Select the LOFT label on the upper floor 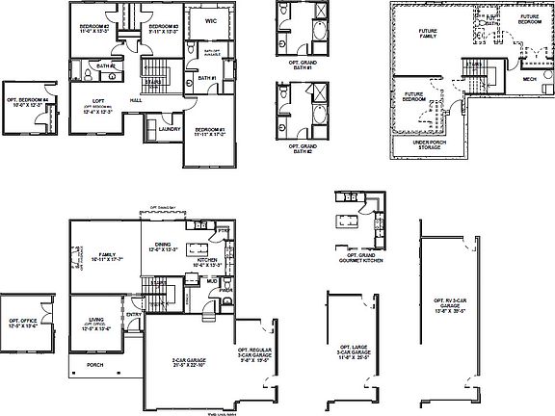(99, 100)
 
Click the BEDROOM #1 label (209, 131)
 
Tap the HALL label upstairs (138, 98)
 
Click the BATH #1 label (206, 78)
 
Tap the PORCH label (95, 365)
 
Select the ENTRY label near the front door (134, 315)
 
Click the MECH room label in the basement (528, 81)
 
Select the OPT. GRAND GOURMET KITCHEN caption (354, 257)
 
